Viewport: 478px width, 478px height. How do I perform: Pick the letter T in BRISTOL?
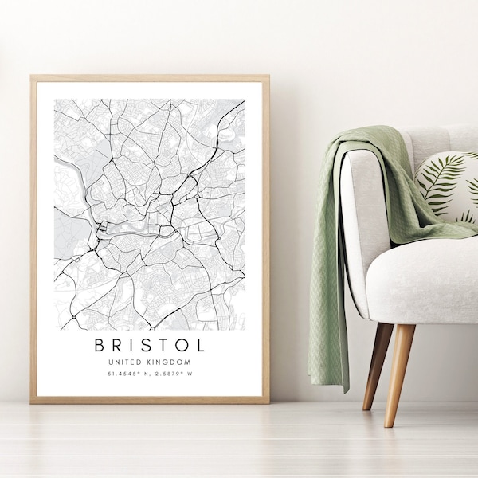coord(166,345)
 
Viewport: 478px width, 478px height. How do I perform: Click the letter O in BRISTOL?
coord(182,345)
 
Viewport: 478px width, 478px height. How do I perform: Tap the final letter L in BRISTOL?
coord(200,345)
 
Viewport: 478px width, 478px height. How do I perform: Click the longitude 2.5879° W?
coord(172,373)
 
